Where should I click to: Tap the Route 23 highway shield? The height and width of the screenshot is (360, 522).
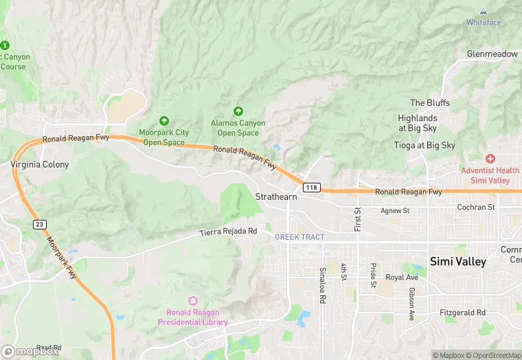39,225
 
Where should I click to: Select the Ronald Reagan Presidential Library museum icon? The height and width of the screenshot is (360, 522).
192,300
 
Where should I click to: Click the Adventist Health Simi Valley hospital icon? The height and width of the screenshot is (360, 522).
490,159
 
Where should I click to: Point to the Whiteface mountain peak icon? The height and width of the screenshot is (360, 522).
484,12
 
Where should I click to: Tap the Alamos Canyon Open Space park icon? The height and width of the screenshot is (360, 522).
238,111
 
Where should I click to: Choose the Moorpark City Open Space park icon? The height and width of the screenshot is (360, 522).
163,121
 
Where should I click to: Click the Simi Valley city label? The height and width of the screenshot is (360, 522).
457,262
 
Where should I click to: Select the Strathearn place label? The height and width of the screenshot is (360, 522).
276,196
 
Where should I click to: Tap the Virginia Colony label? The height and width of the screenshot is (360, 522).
40,165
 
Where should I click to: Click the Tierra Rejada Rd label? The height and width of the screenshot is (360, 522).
228,232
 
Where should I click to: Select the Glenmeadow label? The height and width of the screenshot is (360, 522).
492,54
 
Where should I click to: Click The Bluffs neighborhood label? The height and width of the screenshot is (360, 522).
430,103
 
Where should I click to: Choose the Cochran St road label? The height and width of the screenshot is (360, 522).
476,207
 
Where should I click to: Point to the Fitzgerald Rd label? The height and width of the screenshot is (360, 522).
462,312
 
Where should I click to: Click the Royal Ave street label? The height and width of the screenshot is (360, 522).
402,278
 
